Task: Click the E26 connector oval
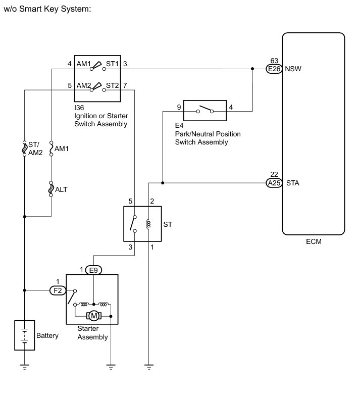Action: [274, 69]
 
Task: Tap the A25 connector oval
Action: [274, 183]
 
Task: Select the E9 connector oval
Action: [93, 270]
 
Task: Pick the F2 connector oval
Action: [58, 290]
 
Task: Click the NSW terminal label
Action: [293, 69]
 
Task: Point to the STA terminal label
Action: [293, 183]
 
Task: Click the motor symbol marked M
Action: [94, 316]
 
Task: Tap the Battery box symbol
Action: [24, 335]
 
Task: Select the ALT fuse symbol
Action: [51, 189]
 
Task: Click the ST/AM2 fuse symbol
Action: [24, 149]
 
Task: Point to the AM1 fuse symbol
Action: [51, 149]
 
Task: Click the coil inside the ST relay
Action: [148, 224]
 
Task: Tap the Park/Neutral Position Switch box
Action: [205, 111]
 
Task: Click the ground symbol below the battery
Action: [24, 367]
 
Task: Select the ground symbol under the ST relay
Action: [149, 367]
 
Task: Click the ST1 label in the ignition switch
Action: [112, 64]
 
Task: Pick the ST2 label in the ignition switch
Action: [112, 86]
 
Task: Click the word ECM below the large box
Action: [314, 241]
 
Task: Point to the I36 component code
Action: [79, 108]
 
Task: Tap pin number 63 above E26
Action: [274, 61]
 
